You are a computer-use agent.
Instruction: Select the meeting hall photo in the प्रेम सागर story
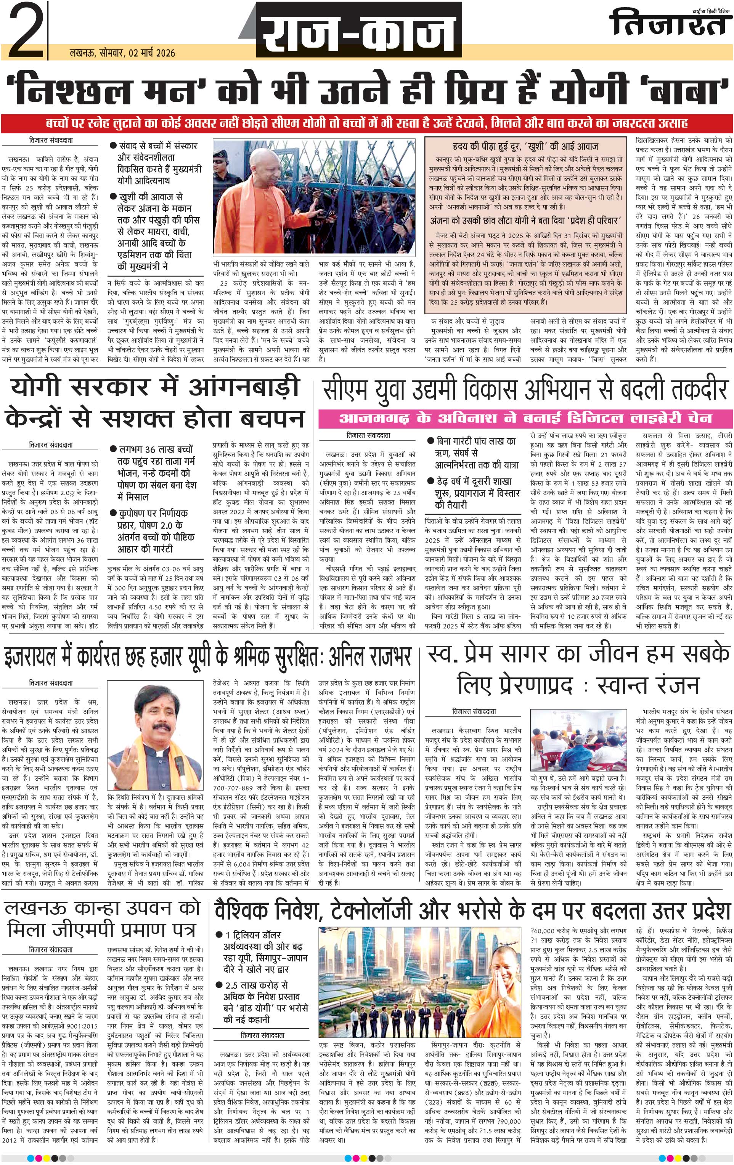(576, 743)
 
